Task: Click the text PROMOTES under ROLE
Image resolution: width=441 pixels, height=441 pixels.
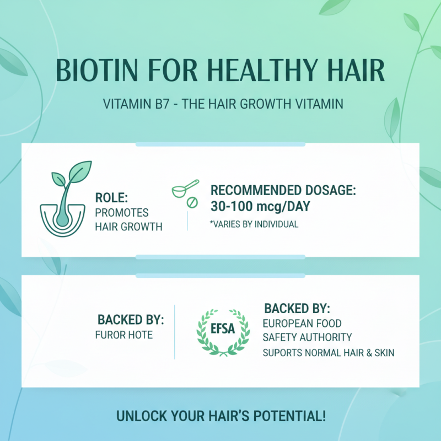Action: [x=122, y=212]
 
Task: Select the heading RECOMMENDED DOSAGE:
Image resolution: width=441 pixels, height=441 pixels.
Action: [x=283, y=191]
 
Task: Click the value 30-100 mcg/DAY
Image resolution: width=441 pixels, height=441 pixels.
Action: [x=260, y=207]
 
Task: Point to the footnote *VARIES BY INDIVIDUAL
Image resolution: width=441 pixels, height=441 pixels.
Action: [x=254, y=224]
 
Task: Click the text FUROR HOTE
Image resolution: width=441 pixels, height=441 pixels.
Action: [x=123, y=335]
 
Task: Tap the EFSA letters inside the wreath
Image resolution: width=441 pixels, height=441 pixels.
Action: [x=223, y=329]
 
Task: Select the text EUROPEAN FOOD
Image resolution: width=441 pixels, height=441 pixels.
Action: [x=302, y=323]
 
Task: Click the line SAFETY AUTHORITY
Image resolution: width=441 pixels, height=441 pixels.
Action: [x=307, y=337]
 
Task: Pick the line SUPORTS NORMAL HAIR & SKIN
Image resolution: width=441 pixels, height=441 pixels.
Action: [x=328, y=352]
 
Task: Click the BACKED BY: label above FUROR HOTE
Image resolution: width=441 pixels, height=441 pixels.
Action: [x=131, y=320]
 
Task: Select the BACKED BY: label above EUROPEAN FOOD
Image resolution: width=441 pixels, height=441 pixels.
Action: [x=297, y=308]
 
